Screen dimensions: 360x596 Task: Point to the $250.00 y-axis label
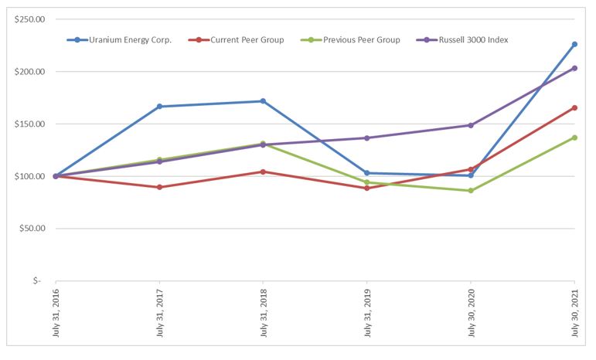click(30, 19)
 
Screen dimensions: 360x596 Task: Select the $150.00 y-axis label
click(30, 124)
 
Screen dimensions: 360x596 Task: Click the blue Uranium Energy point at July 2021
click(574, 44)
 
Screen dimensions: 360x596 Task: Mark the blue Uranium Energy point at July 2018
click(263, 101)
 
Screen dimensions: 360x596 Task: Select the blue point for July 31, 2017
click(159, 107)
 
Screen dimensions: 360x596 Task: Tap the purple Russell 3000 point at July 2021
click(574, 68)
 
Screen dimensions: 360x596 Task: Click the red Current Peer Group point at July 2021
click(574, 107)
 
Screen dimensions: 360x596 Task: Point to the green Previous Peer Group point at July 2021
click(574, 138)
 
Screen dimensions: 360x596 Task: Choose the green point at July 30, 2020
click(471, 190)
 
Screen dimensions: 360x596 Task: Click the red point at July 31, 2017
click(159, 187)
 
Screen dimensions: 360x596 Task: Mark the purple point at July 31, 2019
click(367, 138)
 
